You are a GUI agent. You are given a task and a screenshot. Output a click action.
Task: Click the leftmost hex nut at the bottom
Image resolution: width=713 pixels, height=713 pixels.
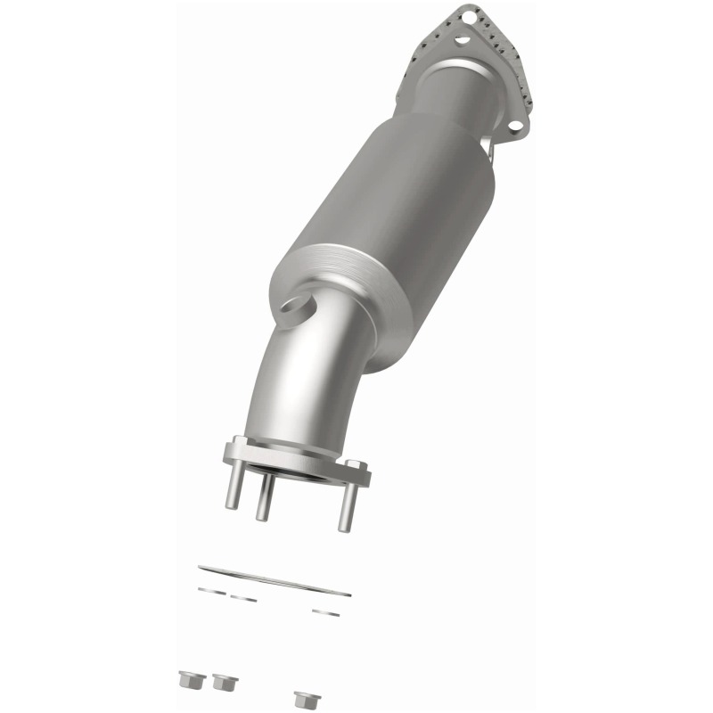tap(188, 679)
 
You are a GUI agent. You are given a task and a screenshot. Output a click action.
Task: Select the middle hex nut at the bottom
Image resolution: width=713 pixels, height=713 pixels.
tap(220, 683)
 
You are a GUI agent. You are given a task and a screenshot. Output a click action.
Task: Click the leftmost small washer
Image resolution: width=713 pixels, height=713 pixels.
tap(211, 589)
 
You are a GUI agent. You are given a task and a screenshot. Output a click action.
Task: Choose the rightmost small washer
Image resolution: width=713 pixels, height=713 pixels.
tap(322, 611)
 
